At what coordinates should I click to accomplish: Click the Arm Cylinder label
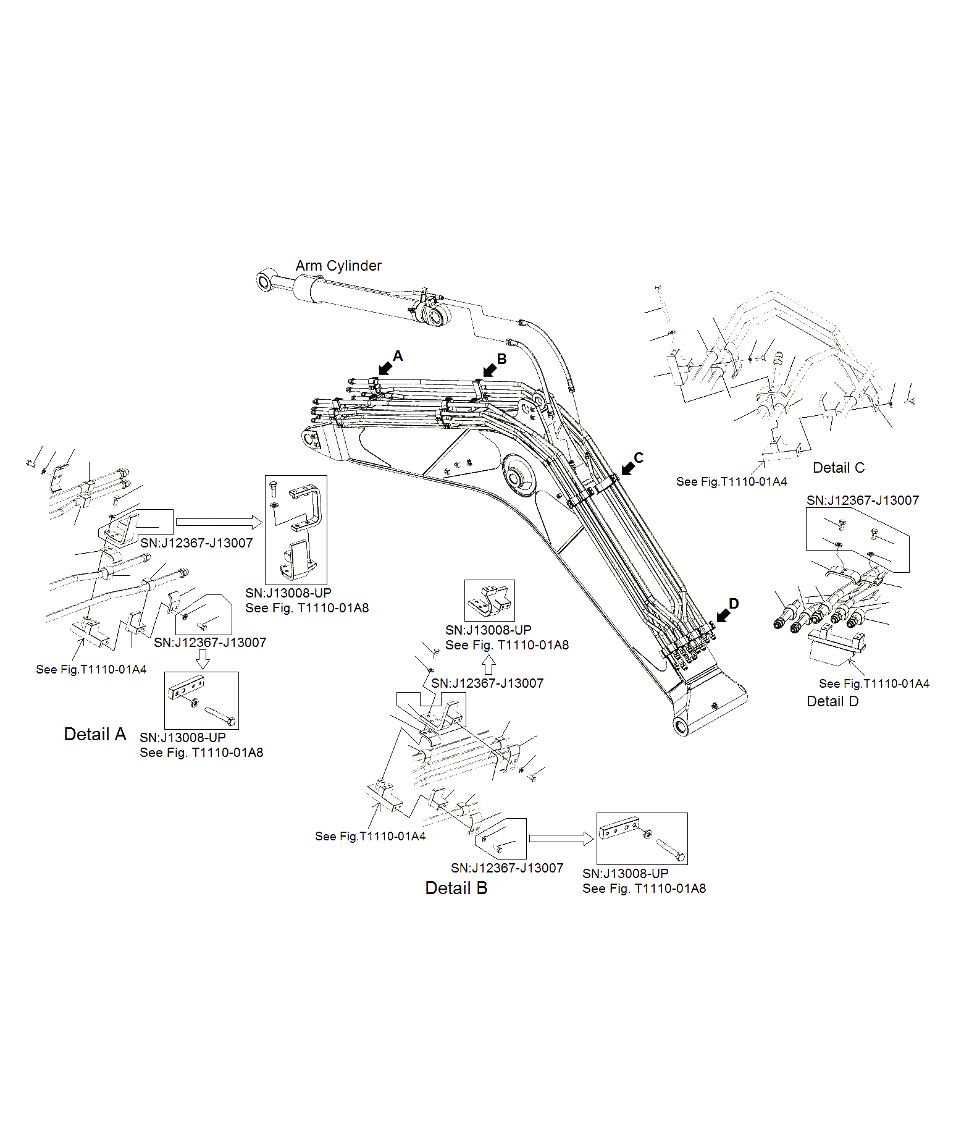pyautogui.click(x=338, y=266)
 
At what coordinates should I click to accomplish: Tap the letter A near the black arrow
pyautogui.click(x=398, y=356)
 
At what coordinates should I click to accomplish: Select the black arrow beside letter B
pyautogui.click(x=489, y=370)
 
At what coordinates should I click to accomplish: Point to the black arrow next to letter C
pyautogui.click(x=627, y=468)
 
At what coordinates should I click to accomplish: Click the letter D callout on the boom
pyautogui.click(x=734, y=603)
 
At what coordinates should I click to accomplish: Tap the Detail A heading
pyautogui.click(x=95, y=734)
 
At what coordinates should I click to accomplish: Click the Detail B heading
pyautogui.click(x=456, y=888)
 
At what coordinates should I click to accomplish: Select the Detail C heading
pyautogui.click(x=838, y=468)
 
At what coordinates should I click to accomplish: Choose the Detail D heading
pyautogui.click(x=832, y=701)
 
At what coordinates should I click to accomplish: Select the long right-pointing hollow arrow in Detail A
pyautogui.click(x=219, y=522)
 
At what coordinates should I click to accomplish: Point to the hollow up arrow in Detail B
pyautogui.click(x=488, y=665)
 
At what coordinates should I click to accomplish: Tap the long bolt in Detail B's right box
pyautogui.click(x=670, y=850)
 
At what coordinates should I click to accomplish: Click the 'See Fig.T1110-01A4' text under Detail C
pyautogui.click(x=731, y=481)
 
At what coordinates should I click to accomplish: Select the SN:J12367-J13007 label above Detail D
pyautogui.click(x=862, y=501)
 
